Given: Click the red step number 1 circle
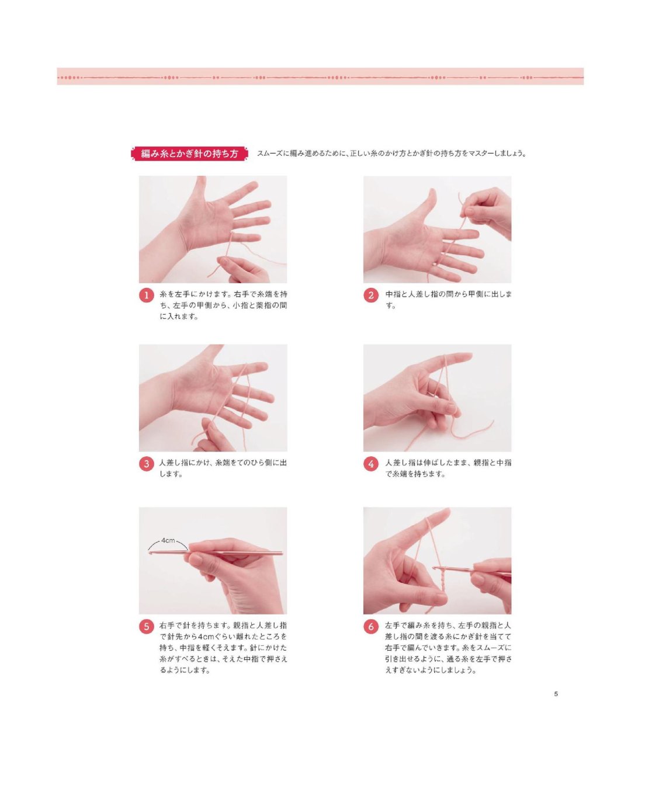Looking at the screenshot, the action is click(x=147, y=296).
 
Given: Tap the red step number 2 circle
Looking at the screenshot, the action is click(x=371, y=296).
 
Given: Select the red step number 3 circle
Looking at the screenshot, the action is click(x=147, y=464).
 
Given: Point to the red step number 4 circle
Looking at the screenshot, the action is click(x=371, y=464).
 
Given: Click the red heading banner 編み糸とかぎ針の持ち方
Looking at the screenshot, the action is click(x=189, y=154).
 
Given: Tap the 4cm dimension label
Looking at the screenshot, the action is click(x=168, y=540).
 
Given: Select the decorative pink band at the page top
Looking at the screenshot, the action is click(x=320, y=77).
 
